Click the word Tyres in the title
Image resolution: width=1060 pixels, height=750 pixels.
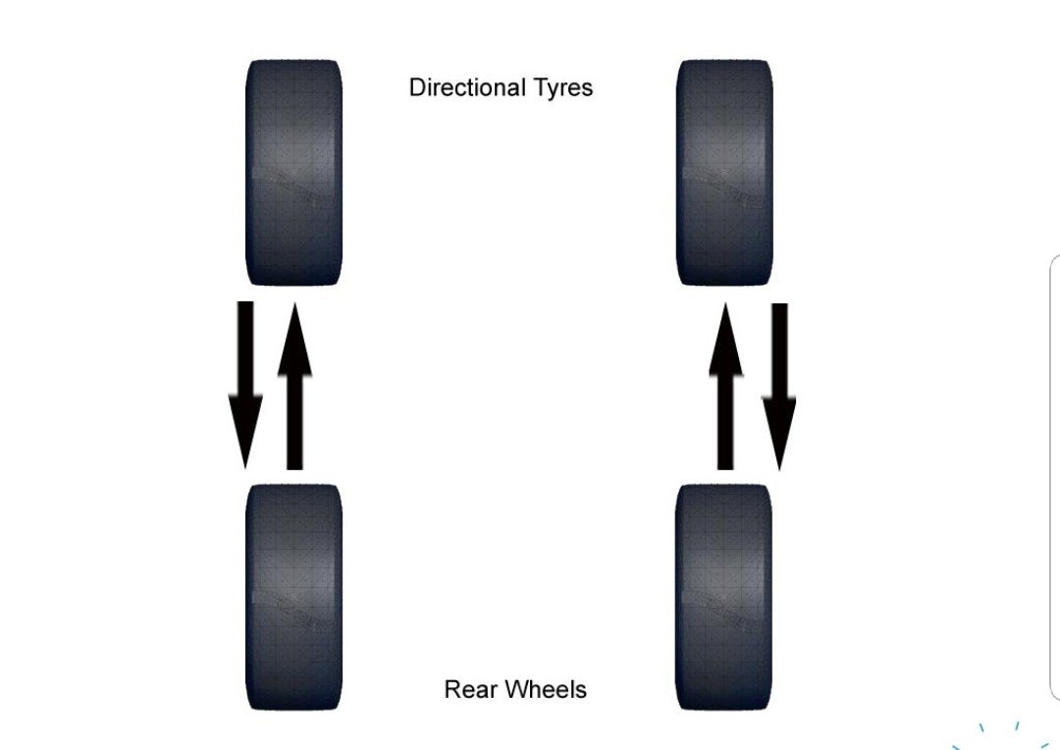tap(563, 88)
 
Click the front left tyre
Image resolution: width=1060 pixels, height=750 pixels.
tap(293, 173)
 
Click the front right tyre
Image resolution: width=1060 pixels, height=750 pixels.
tap(724, 173)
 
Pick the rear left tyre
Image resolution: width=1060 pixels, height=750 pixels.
tap(293, 597)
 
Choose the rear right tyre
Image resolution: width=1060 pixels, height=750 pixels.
tap(724, 597)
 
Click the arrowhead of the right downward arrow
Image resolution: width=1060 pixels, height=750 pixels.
tap(779, 432)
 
